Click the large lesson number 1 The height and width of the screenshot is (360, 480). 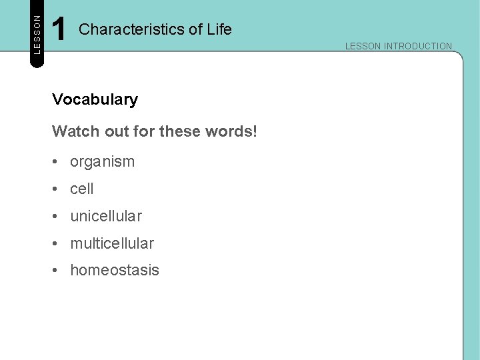tap(59, 29)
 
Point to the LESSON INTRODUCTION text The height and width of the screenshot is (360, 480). tap(398, 46)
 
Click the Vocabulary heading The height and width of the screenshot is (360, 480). tap(95, 100)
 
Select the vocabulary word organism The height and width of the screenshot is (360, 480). tap(102, 162)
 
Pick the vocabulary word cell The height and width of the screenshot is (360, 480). tap(82, 189)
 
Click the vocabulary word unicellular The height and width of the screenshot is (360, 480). tap(106, 217)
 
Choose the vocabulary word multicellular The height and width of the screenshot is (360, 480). tap(112, 243)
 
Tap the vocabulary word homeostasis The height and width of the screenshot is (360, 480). tap(115, 270)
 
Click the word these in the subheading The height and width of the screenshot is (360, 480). tap(181, 131)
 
